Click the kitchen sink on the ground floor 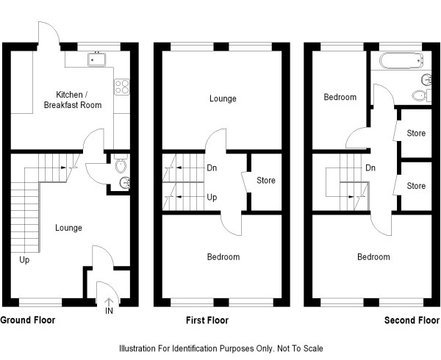(96, 60)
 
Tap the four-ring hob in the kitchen (122, 87)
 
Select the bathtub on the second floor (401, 60)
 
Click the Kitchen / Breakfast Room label (73, 100)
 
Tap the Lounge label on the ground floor (68, 228)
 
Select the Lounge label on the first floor (223, 98)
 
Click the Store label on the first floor (266, 180)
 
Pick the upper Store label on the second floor (416, 133)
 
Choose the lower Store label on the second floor (416, 186)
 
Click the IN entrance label (109, 311)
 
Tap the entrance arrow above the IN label (109, 302)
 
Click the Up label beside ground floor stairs (24, 260)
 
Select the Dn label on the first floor (212, 168)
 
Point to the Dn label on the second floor (370, 168)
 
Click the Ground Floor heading (28, 320)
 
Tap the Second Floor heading (412, 320)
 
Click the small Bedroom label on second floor (340, 97)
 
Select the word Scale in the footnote (313, 349)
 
